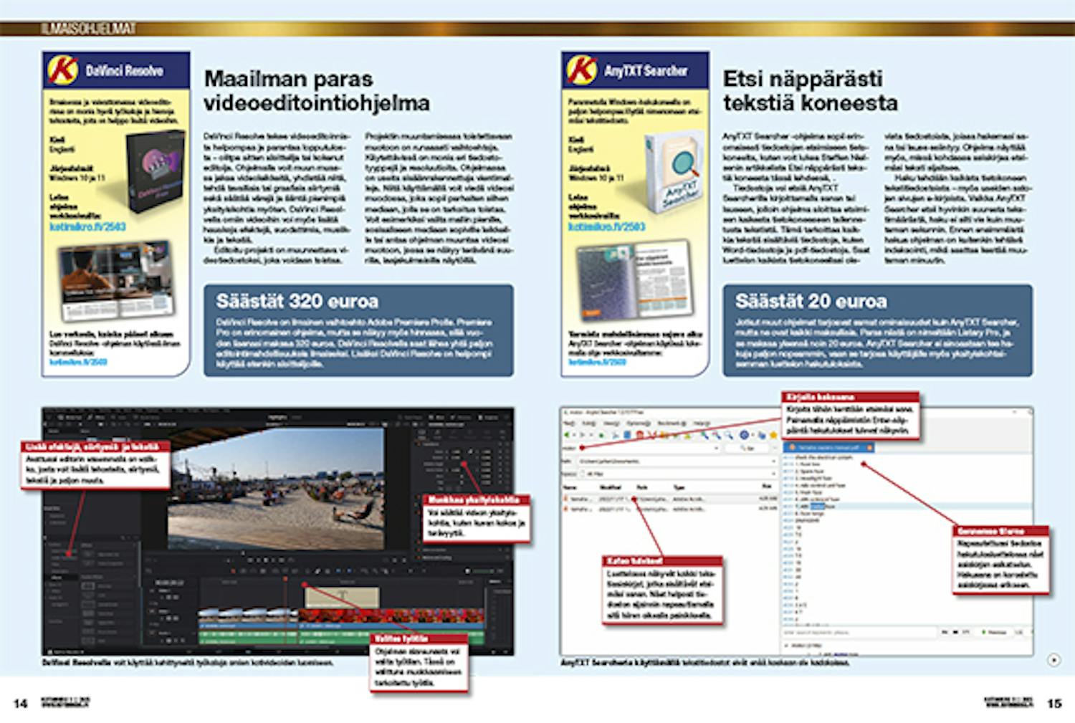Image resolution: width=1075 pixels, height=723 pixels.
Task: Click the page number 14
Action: point(20,704)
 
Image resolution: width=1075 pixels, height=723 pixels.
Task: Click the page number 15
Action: point(1054,704)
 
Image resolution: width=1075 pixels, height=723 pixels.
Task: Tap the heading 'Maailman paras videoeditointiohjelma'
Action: point(316,90)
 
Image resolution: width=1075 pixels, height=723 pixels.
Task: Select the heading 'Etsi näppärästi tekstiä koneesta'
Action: point(810,90)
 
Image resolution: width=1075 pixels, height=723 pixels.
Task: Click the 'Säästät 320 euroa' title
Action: point(297,301)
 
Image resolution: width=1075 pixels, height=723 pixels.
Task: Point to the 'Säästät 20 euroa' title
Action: point(811,301)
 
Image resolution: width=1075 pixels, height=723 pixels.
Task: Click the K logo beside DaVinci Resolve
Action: point(62,70)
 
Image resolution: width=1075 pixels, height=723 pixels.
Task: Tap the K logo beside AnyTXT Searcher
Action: point(581,70)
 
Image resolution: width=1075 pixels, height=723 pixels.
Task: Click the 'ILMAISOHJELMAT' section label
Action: point(88,29)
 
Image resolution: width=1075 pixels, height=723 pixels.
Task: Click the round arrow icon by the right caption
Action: point(1053,660)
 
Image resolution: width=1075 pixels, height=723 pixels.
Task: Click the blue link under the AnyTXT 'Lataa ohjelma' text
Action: point(606,226)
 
